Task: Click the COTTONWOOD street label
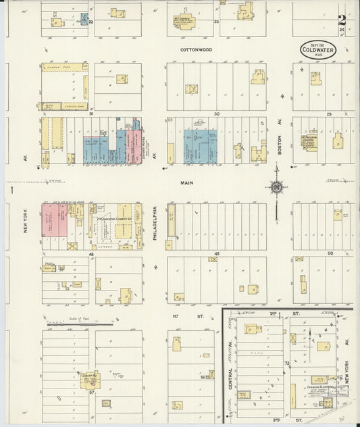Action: coord(196,50)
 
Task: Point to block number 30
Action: coord(217,114)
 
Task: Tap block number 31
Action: coord(91,114)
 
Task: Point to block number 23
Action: coord(217,22)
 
